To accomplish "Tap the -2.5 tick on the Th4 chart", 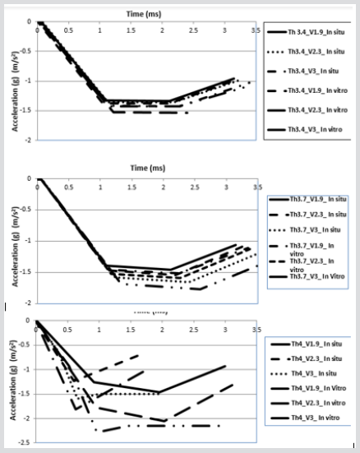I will (25, 443).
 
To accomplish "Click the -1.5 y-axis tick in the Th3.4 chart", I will (25, 110).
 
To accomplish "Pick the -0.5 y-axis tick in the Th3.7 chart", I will (25, 210).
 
